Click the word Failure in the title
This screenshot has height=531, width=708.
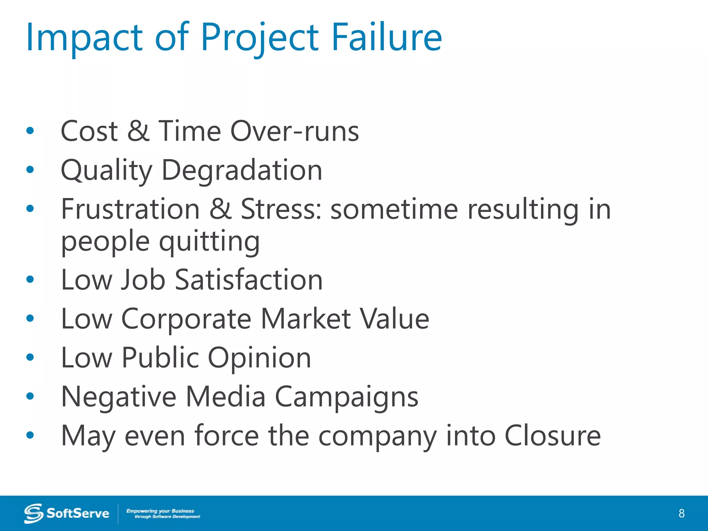click(x=386, y=37)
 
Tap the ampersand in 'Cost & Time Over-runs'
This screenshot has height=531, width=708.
click(x=138, y=131)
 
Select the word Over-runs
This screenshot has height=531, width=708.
click(x=295, y=131)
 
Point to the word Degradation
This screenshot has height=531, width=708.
click(x=242, y=170)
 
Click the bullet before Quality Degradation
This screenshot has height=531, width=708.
click(x=30, y=169)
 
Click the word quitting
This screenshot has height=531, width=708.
click(x=209, y=242)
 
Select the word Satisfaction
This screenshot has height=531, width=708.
click(x=249, y=280)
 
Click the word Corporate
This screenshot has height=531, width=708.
click(x=186, y=319)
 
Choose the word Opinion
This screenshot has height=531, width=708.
click(x=259, y=358)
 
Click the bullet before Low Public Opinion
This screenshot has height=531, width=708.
click(x=30, y=357)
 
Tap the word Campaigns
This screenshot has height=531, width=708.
click(x=346, y=397)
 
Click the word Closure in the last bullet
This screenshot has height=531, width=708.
click(x=552, y=436)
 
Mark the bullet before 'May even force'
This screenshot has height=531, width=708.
click(x=30, y=435)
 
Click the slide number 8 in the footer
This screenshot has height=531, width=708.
click(x=681, y=513)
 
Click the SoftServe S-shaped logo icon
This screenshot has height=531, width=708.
click(x=34, y=513)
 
